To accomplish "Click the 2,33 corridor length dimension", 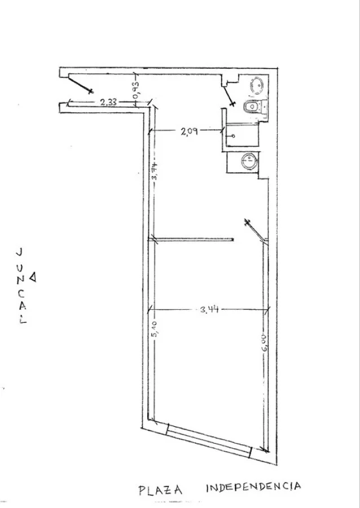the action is coord(108,103).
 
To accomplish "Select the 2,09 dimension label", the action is coord(190,131).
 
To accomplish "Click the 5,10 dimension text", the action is coord(155,329).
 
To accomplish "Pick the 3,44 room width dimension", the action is coord(209,310).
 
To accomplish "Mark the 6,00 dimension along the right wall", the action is coord(265,343).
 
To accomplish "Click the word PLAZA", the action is coord(160,490).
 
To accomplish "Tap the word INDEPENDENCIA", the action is coord(253,487).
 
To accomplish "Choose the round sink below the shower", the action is coord(249,161).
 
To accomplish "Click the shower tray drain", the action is coord(234,137).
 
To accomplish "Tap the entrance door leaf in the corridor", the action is coord(80,84).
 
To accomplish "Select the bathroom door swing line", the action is coord(229,95).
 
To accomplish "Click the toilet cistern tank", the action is coord(264,107).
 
